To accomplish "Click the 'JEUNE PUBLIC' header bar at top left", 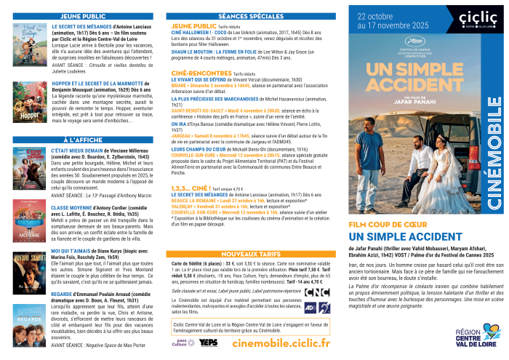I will (x=85, y=15).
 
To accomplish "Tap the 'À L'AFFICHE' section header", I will (x=85, y=138).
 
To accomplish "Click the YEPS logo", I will (x=208, y=342).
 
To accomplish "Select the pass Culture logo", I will (x=180, y=342).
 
